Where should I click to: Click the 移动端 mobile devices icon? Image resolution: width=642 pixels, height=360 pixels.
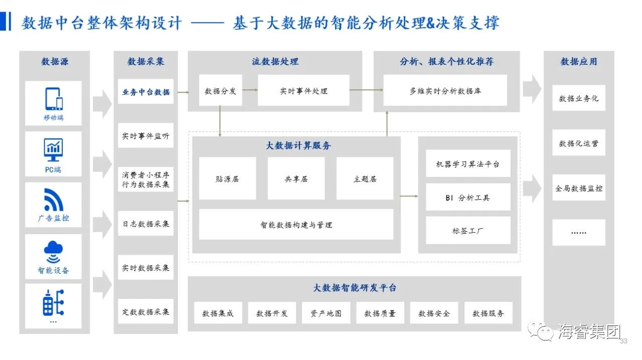(x=54, y=99)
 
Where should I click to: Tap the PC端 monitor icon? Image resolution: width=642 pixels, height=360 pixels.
(x=53, y=148)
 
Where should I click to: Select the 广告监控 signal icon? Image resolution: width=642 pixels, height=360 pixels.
(x=53, y=200)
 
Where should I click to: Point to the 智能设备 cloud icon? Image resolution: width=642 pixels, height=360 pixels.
(x=53, y=251)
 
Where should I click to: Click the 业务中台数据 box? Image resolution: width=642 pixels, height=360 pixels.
(x=145, y=92)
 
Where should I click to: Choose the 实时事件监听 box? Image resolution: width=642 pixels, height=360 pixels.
(x=145, y=136)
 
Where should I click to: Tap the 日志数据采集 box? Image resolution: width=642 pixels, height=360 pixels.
(x=145, y=224)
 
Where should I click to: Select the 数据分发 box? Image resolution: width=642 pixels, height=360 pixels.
(x=220, y=91)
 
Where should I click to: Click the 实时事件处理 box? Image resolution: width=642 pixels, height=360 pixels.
(x=303, y=91)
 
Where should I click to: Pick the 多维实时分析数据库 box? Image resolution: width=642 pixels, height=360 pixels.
(x=445, y=91)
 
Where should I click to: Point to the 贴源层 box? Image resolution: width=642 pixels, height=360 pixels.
(x=227, y=178)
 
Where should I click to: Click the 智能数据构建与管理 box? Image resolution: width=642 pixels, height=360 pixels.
(x=296, y=225)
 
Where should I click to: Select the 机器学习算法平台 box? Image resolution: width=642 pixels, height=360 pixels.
(x=468, y=163)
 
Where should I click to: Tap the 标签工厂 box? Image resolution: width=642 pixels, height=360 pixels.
(x=468, y=231)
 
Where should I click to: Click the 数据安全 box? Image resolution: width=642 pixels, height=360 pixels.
(x=434, y=313)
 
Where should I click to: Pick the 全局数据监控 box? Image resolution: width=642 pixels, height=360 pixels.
(x=578, y=188)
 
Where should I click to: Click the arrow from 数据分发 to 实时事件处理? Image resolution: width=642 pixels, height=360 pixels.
(x=250, y=90)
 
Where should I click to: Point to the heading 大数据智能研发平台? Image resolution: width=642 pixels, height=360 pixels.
(x=355, y=288)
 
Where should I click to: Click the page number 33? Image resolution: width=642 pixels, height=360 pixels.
(x=624, y=341)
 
